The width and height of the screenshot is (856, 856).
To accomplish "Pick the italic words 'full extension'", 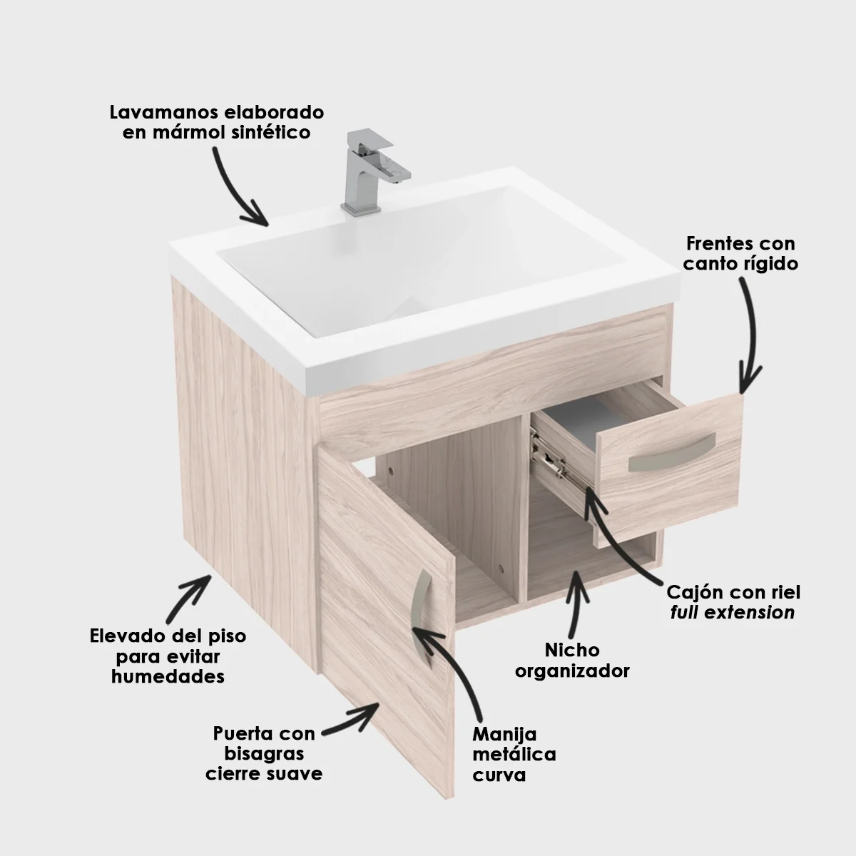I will coord(732,612).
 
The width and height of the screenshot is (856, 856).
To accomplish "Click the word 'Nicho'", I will coord(572,651).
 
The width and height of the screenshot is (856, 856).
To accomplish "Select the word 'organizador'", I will coord(572,671).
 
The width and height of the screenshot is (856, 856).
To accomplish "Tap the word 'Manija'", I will coord(504,734).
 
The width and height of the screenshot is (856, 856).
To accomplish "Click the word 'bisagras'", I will coord(264,753).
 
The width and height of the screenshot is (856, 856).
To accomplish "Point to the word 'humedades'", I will coord(168,676).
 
